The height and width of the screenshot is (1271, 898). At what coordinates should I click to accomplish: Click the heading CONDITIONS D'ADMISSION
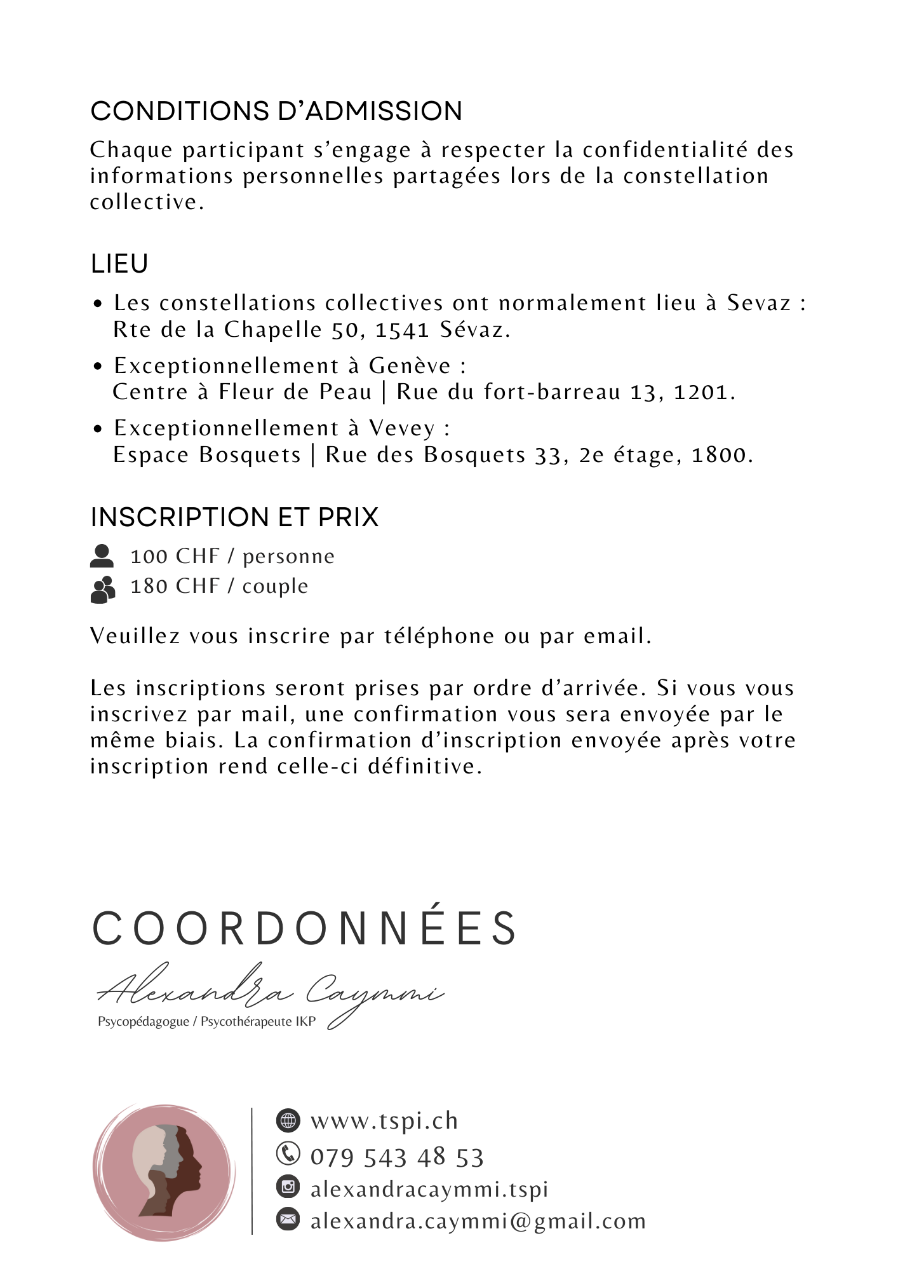coord(276,111)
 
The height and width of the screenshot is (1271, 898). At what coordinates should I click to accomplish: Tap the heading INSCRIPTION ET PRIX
coord(234,517)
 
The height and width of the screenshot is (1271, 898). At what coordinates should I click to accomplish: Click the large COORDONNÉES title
coord(305,928)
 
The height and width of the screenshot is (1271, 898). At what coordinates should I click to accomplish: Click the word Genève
coord(410,366)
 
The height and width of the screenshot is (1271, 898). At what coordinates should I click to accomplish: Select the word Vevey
coord(402,428)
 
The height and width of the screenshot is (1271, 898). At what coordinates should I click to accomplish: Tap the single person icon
coord(102,555)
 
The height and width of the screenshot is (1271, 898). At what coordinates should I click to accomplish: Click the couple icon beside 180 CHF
coord(103,589)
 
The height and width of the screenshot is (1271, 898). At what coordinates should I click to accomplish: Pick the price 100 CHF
coord(175,557)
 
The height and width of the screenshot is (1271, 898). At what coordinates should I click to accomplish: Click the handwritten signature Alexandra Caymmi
coord(270,992)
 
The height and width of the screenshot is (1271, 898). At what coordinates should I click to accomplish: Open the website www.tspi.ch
coord(384,1120)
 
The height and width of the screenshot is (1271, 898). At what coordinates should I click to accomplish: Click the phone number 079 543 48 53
coord(397,1157)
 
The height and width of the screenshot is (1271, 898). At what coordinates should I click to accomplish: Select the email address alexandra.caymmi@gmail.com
coord(478,1221)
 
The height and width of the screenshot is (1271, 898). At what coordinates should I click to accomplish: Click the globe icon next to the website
coord(288,1120)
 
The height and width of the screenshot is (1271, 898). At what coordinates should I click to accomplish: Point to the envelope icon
coord(288,1219)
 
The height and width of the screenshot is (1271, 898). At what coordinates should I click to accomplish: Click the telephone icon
coord(288,1153)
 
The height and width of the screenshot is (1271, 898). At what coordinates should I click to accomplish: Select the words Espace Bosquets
coord(207,455)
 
